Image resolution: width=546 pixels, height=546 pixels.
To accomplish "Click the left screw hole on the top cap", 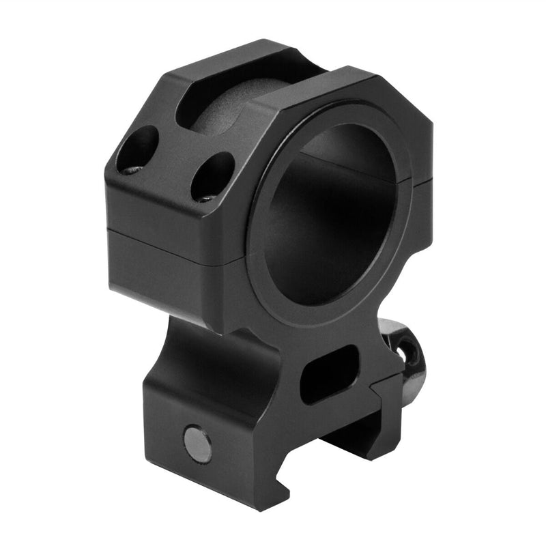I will click(x=137, y=149).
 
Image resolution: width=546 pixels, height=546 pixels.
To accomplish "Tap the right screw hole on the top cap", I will click(x=212, y=176).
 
